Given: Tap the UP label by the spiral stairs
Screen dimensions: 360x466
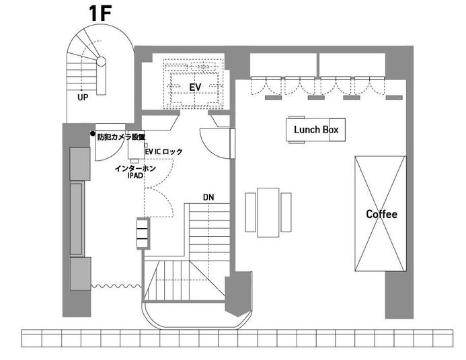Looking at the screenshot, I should [83, 97].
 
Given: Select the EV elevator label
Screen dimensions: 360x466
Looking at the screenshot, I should [195, 87].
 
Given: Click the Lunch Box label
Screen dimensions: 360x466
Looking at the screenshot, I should [316, 129].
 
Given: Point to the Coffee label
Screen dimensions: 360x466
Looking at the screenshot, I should [381, 215].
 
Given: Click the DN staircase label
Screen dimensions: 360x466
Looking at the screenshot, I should [208, 198].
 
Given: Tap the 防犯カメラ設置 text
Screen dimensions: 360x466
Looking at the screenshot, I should [121, 137].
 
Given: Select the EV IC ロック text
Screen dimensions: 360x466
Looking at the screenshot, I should [163, 153].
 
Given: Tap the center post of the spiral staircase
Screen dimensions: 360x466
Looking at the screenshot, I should [100, 61].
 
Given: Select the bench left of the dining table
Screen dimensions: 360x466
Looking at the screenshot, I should [251, 212].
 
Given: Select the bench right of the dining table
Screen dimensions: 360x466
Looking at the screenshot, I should [286, 212].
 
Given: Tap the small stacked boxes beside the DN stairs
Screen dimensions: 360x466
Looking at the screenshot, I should [142, 233].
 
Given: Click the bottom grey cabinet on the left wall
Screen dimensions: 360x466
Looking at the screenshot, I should [79, 273].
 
